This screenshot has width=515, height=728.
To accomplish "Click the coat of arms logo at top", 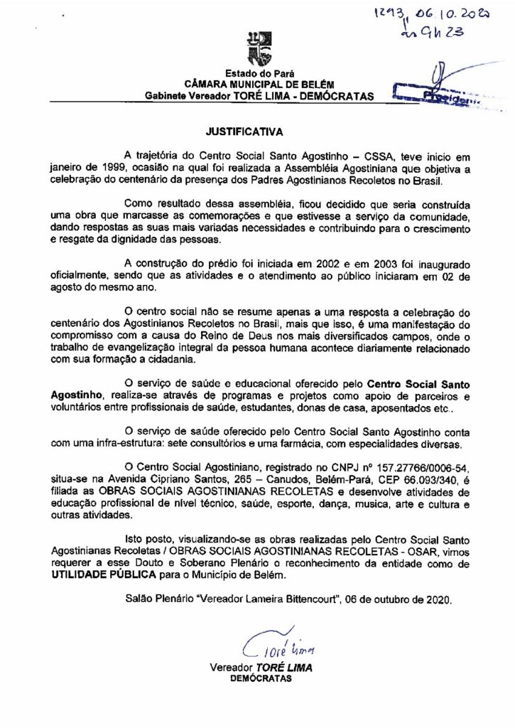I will (257, 45).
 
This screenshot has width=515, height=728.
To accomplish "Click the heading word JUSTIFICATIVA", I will (244, 132).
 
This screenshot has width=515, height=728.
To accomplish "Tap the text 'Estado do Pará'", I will (257, 73).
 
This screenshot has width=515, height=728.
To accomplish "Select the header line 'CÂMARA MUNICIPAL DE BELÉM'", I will (257, 84).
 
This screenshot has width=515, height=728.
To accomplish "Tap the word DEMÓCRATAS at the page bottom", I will (264, 679).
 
